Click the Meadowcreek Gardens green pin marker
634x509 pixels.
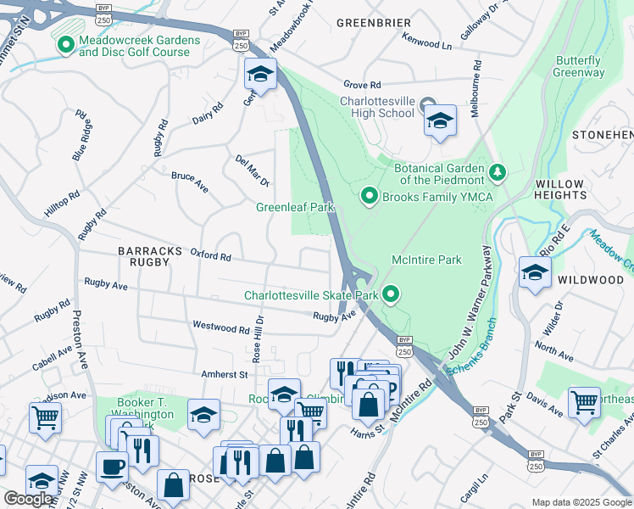click(64, 45)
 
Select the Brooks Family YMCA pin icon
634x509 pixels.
click(369, 196)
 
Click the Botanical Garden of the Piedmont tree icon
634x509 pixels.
click(498, 173)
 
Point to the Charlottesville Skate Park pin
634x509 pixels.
click(391, 295)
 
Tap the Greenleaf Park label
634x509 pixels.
click(296, 207)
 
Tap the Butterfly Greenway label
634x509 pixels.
click(579, 67)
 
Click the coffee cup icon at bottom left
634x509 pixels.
click(112, 467)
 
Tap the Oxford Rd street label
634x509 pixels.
click(211, 255)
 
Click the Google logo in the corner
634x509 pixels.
click(29, 499)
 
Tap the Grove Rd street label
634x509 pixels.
click(363, 85)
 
